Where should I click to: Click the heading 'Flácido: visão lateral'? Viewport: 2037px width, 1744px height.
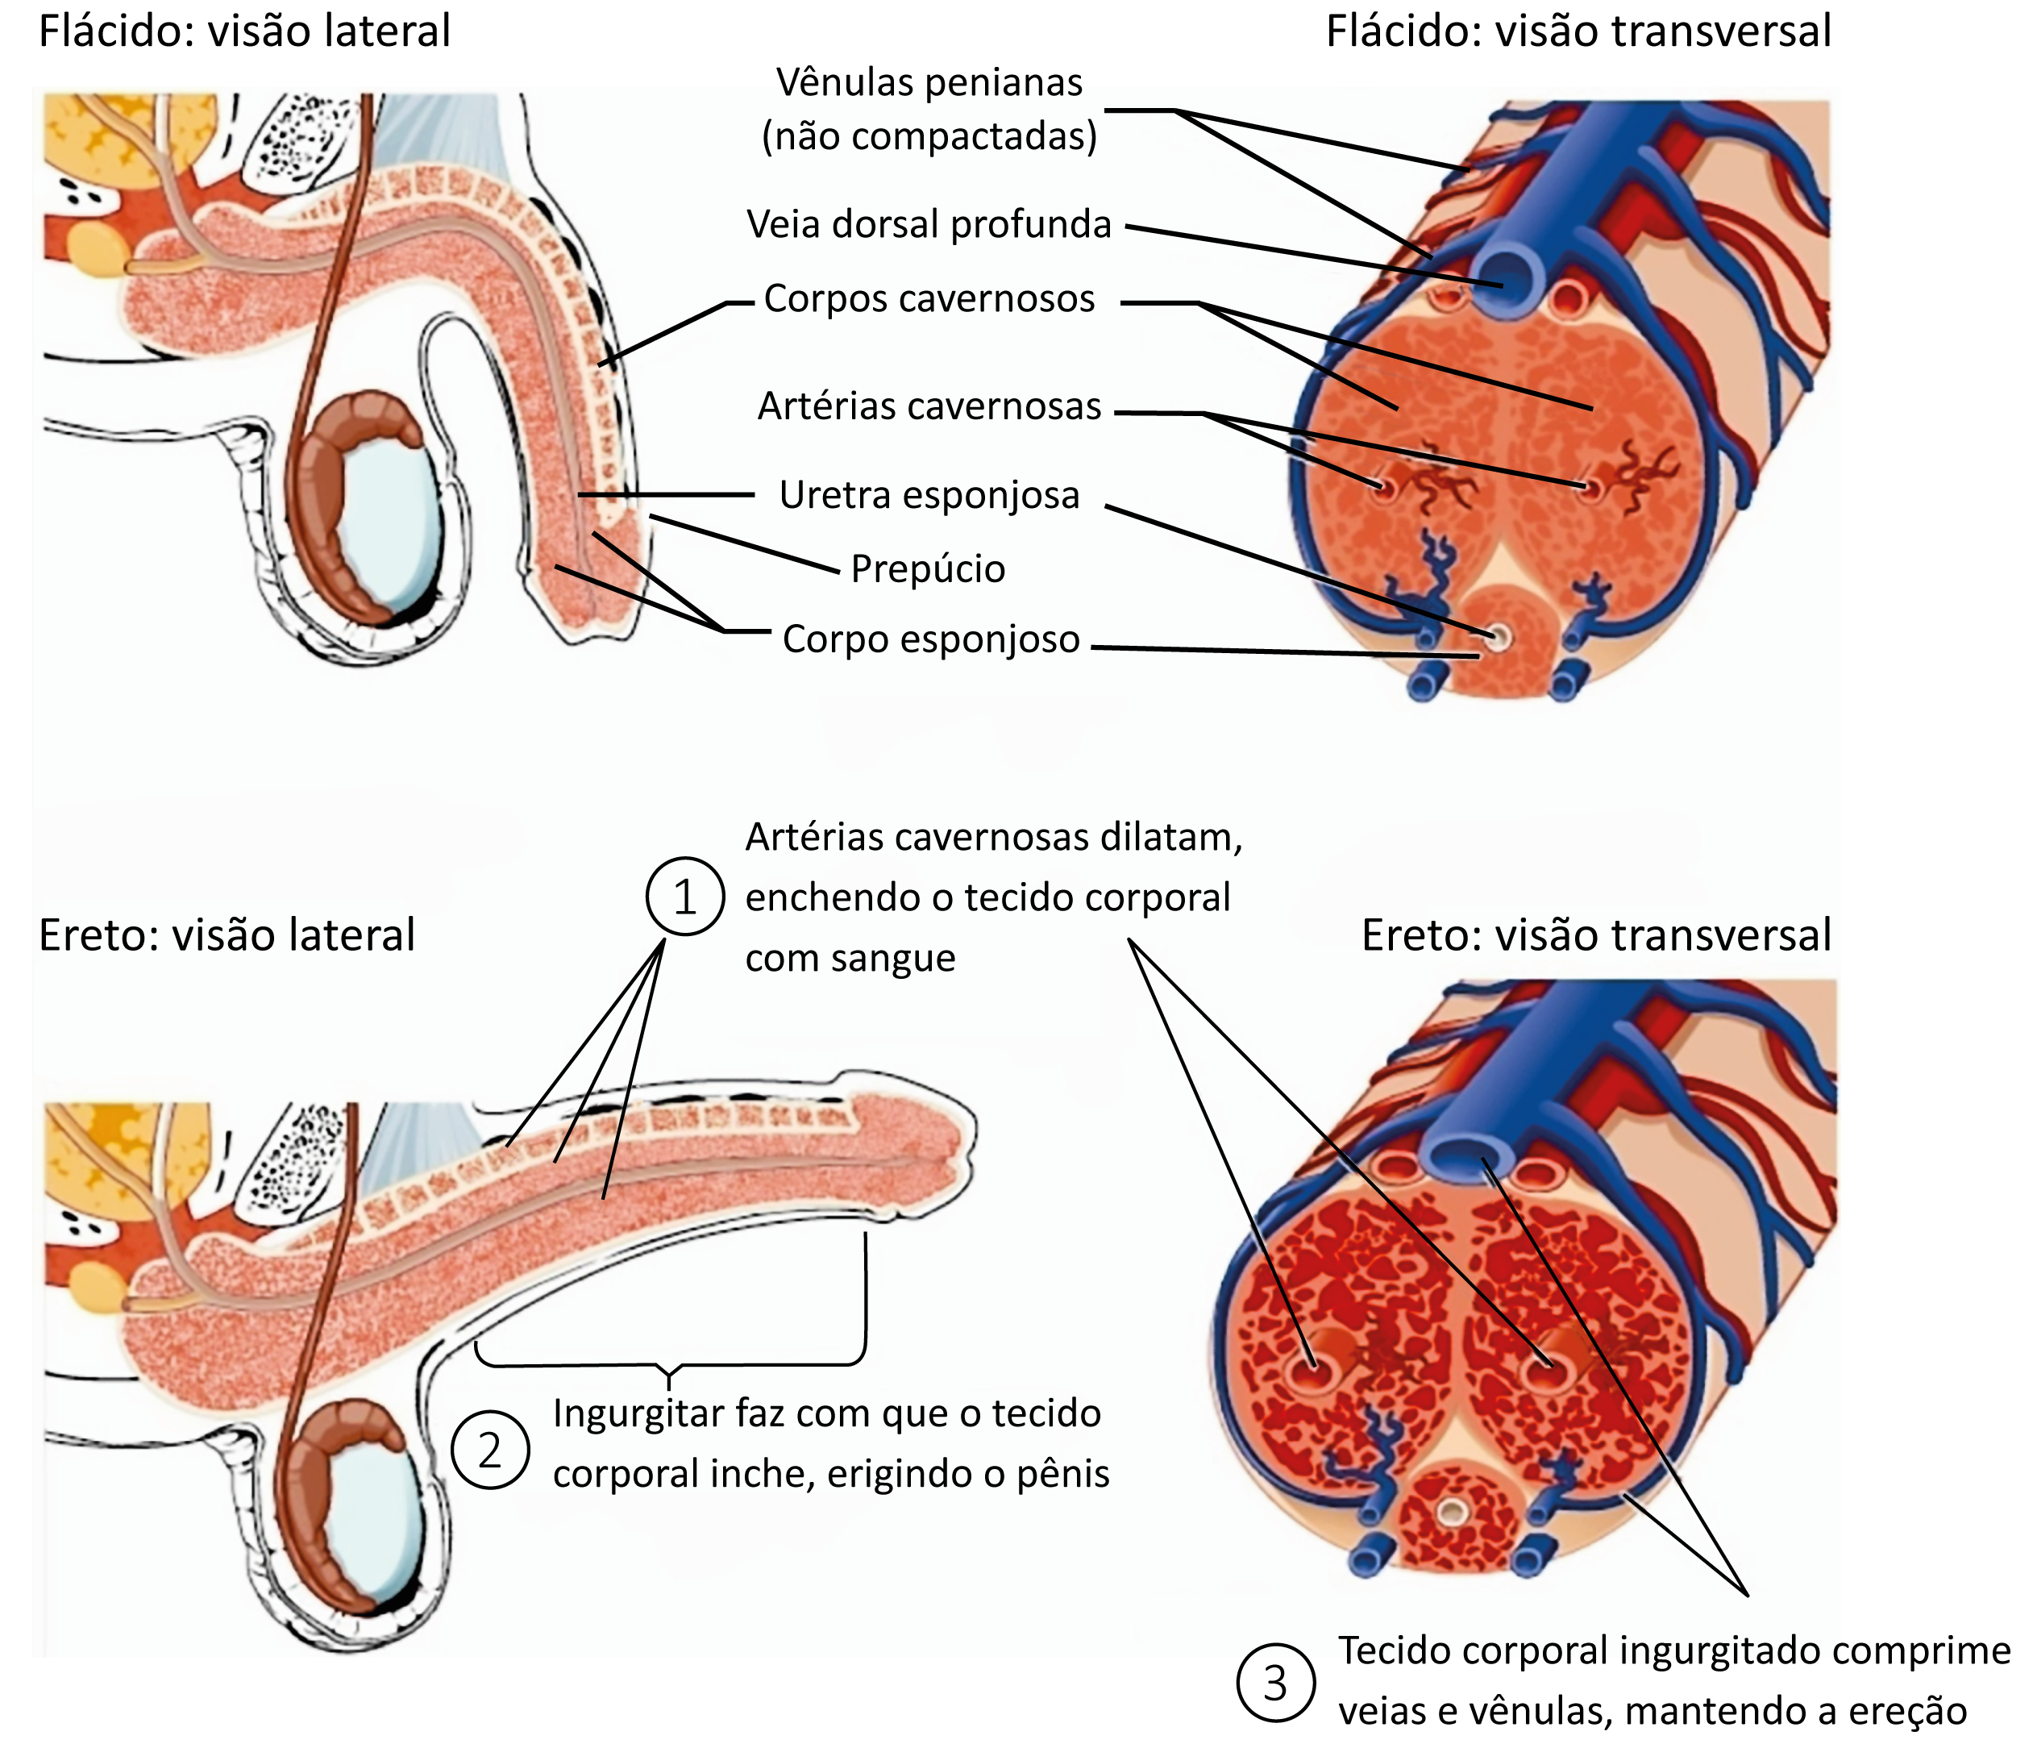click(x=243, y=31)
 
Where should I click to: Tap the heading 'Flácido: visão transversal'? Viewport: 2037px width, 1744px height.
click(x=1578, y=31)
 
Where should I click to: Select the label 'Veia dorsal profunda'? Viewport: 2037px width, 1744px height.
click(x=929, y=225)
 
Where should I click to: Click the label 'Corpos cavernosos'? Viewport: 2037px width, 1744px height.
click(x=929, y=299)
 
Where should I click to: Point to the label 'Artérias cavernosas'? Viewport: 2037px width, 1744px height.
click(x=929, y=406)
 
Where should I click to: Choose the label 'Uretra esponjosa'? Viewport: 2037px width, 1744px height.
click(x=929, y=496)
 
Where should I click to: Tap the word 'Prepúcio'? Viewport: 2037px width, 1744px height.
click(x=928, y=569)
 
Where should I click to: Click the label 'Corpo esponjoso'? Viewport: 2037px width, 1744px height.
click(x=931, y=640)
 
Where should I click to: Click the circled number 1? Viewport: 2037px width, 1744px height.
click(x=684, y=897)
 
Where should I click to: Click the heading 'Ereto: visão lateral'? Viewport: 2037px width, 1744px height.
click(x=227, y=935)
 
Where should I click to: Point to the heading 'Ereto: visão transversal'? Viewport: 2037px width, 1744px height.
click(x=1595, y=935)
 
